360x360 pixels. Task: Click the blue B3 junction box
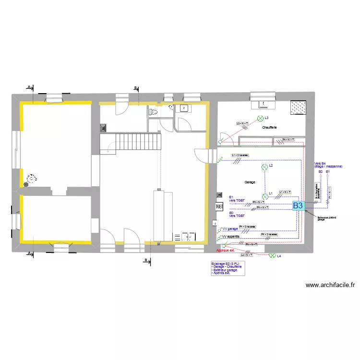298,205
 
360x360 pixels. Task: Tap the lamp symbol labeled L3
261,118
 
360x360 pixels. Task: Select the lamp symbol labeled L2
264,167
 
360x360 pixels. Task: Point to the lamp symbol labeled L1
265,196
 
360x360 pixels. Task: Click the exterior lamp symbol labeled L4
273,256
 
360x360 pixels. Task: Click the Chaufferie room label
269,128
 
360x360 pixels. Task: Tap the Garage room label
250,182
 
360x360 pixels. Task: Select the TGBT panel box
219,206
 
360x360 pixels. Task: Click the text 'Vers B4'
320,164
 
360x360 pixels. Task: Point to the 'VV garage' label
230,229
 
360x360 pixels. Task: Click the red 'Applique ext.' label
226,251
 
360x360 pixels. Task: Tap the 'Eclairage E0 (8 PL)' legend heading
225,264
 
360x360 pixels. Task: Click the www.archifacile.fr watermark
330,285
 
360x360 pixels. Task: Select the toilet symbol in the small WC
154,112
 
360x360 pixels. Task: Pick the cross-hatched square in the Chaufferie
299,108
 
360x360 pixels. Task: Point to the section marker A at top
29,87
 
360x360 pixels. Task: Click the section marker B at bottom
146,260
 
